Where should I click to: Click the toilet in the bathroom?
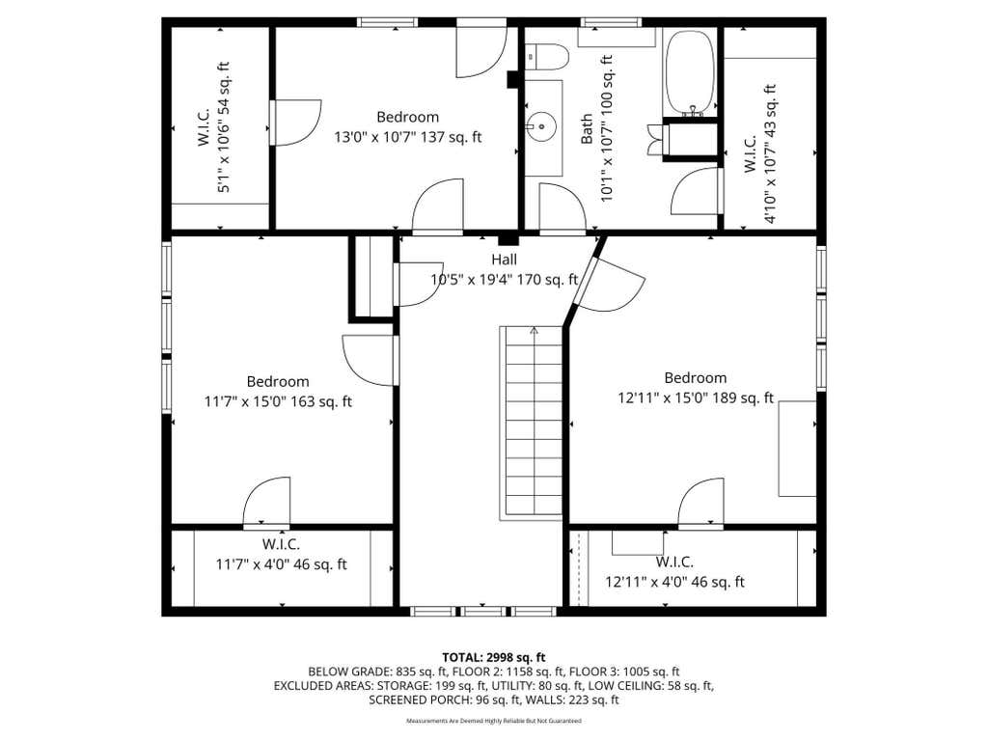click(547, 57)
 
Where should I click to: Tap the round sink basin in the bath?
click(541, 126)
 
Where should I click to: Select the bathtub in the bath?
click(690, 72)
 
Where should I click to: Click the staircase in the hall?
click(532, 423)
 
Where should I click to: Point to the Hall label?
click(504, 260)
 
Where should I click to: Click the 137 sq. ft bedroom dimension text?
click(408, 137)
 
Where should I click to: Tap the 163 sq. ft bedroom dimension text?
click(278, 401)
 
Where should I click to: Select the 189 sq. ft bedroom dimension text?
click(696, 398)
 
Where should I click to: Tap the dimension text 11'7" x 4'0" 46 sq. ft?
click(281, 564)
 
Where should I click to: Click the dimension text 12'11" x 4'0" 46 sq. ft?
click(674, 582)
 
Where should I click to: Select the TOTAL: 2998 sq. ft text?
click(493, 658)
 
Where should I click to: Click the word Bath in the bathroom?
click(587, 128)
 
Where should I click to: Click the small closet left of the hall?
click(372, 277)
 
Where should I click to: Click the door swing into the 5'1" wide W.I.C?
click(296, 123)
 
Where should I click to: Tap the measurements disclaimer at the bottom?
click(493, 721)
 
